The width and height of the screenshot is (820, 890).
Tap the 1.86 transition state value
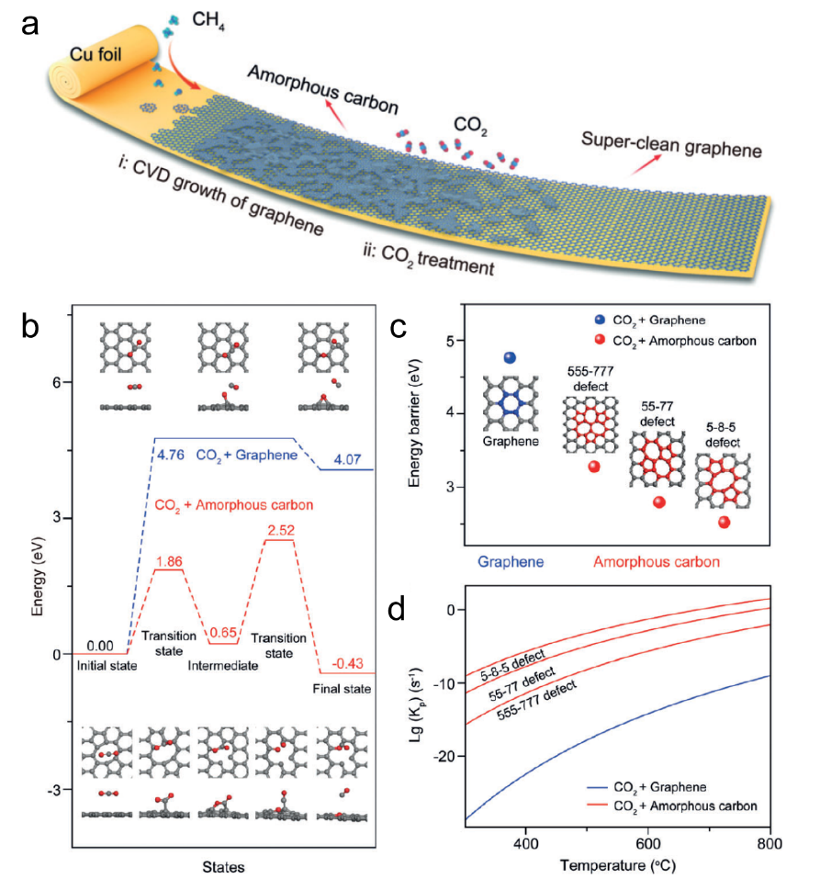pos(170,559)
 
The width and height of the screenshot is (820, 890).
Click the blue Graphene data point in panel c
pos(511,356)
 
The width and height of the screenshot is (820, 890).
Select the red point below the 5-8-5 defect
pos(725,522)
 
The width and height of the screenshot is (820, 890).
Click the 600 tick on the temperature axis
pos(647,842)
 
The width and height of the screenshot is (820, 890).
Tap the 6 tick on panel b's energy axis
pos(55,383)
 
